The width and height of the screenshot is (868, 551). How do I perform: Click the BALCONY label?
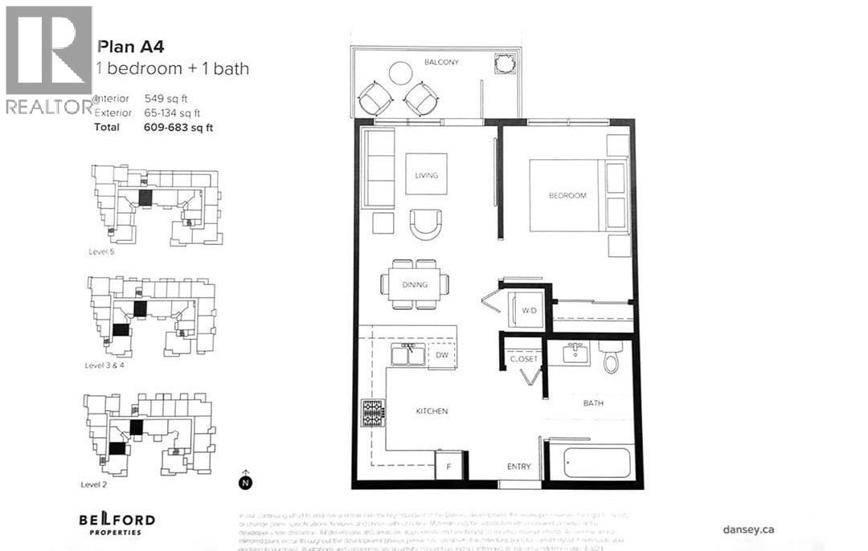pyautogui.click(x=441, y=62)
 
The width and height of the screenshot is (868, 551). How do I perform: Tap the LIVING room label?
pyautogui.click(x=426, y=175)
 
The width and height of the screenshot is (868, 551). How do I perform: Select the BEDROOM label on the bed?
pyautogui.click(x=567, y=195)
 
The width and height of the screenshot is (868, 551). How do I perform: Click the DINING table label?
pyautogui.click(x=416, y=284)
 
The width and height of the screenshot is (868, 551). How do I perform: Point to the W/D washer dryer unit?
pyautogui.click(x=529, y=310)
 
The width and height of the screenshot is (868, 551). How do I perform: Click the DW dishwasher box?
pyautogui.click(x=441, y=354)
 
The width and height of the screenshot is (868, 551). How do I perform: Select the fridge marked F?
pyautogui.click(x=448, y=465)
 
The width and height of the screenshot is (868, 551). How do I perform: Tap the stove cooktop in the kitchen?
pyautogui.click(x=374, y=413)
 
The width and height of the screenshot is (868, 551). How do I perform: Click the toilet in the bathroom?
pyautogui.click(x=611, y=357)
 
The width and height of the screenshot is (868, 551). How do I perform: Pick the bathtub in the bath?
pyautogui.click(x=597, y=463)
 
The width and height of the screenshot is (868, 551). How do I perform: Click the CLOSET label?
pyautogui.click(x=523, y=359)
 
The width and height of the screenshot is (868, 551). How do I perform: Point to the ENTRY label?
pyautogui.click(x=518, y=467)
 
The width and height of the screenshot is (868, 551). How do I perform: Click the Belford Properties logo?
pyautogui.click(x=117, y=524)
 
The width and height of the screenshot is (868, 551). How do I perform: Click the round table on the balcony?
pyautogui.click(x=400, y=73)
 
